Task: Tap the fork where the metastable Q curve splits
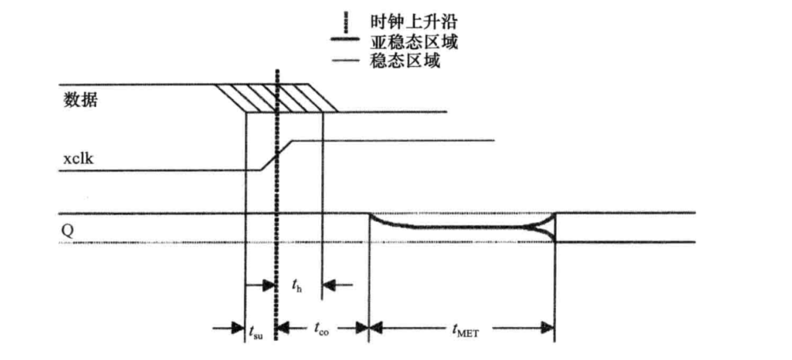[543, 228]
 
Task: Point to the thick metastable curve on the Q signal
[457, 228]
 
